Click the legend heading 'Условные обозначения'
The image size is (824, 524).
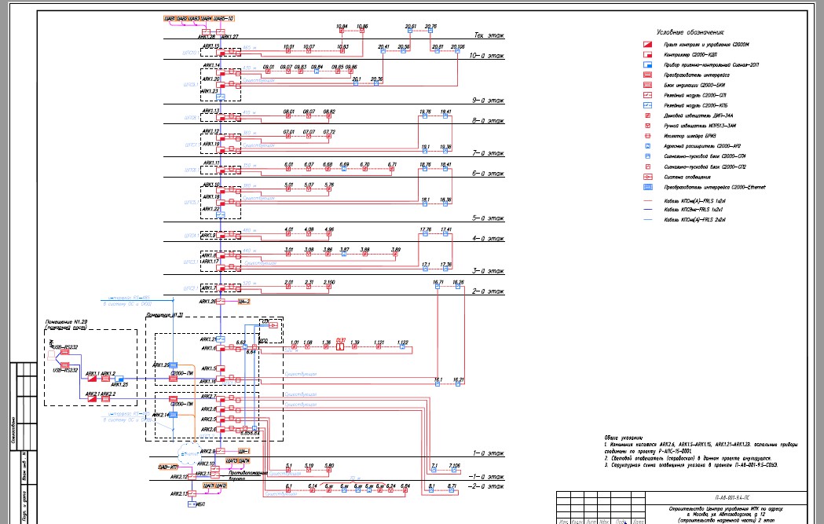tap(690, 32)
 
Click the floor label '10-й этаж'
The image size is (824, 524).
tap(487, 57)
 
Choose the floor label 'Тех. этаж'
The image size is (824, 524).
tap(489, 35)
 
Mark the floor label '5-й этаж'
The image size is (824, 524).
tap(487, 218)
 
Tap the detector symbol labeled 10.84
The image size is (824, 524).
tap(342, 35)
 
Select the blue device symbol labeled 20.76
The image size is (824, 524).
tap(430, 35)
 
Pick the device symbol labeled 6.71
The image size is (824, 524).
tap(392, 172)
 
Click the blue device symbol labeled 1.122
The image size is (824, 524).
tap(402, 350)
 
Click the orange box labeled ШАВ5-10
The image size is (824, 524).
tap(221, 17)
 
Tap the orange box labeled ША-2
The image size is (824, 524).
tap(244, 302)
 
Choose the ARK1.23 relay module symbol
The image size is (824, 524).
tap(222, 97)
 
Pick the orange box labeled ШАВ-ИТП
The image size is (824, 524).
tap(168, 468)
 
